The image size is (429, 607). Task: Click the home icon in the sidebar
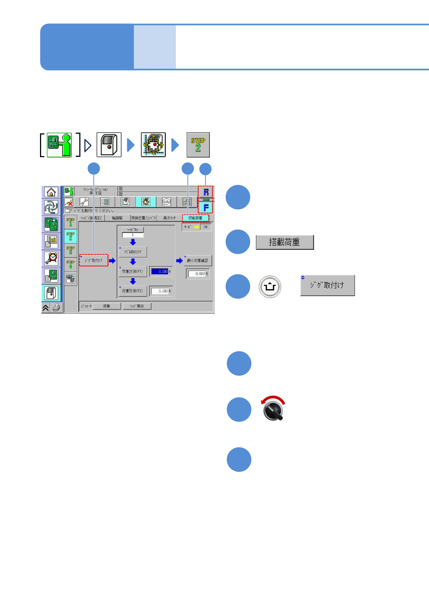[51, 192]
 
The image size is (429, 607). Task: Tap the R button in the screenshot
[206, 192]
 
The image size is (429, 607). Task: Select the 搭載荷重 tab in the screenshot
[195, 218]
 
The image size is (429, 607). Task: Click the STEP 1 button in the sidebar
[70, 222]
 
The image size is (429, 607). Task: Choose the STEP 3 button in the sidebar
[70, 250]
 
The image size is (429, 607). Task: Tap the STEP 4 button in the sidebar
[70, 264]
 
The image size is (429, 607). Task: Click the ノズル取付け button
[133, 252]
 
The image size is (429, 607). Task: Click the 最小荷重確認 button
[198, 261]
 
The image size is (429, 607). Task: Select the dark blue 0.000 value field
[160, 271]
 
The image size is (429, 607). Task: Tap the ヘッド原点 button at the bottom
[137, 306]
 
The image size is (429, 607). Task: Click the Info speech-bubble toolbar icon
[166, 202]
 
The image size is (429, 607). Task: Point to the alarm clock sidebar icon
[51, 258]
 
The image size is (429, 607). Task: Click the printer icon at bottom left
[57, 308]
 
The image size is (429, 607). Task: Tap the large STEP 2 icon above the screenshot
[198, 145]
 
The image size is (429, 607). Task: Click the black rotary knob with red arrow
[274, 411]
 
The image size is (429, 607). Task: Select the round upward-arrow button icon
[270, 287]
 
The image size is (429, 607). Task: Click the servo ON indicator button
[205, 227]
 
